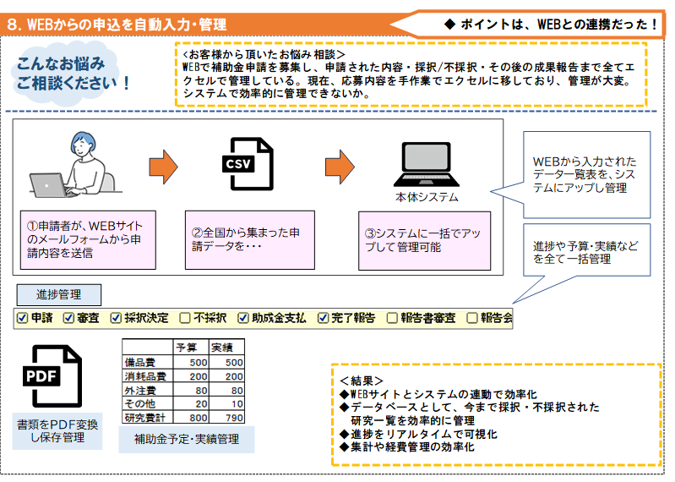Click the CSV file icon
pos(248,162)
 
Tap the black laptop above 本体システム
pos(427,165)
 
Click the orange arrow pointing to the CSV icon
pos(163,164)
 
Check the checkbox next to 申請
pos(23,318)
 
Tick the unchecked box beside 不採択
pos(184,318)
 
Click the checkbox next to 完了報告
pos(323,318)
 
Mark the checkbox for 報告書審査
pos(392,318)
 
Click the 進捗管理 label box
pos(59,294)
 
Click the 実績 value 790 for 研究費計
pos(222,417)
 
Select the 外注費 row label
pos(140,390)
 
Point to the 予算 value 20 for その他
pos(198,403)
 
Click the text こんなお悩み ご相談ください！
pos(73,74)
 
